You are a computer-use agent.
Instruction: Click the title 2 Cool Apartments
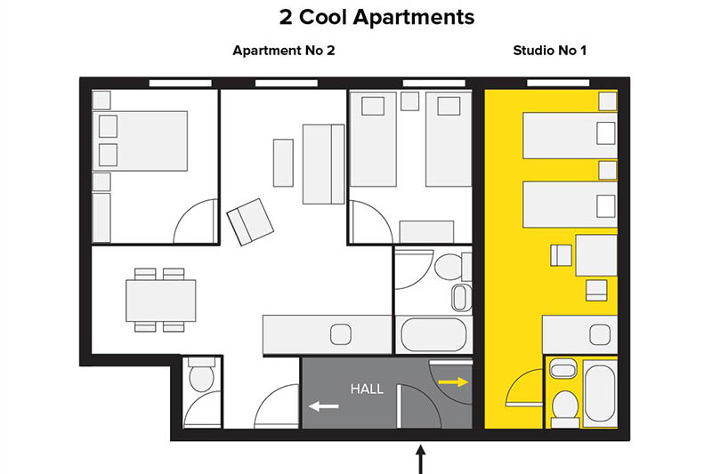(376, 17)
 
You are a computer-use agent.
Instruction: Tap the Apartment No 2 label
(284, 51)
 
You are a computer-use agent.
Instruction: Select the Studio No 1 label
(549, 51)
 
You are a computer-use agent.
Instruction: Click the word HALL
(367, 389)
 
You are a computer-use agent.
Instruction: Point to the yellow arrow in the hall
(453, 382)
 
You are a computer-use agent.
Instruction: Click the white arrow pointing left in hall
(324, 406)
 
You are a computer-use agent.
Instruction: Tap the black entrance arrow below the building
(421, 459)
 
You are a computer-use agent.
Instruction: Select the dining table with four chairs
(161, 301)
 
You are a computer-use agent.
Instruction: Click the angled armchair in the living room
(250, 221)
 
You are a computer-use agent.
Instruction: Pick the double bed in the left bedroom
(140, 141)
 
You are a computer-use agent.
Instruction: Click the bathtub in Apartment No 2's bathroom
(433, 334)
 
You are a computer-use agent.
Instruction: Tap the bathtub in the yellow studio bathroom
(600, 393)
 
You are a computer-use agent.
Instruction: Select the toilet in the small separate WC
(202, 374)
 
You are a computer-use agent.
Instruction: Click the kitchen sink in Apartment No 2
(341, 334)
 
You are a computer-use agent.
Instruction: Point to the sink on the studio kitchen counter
(600, 334)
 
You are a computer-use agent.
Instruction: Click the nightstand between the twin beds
(409, 101)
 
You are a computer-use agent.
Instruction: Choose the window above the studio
(558, 83)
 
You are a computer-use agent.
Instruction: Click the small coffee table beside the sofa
(283, 163)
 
